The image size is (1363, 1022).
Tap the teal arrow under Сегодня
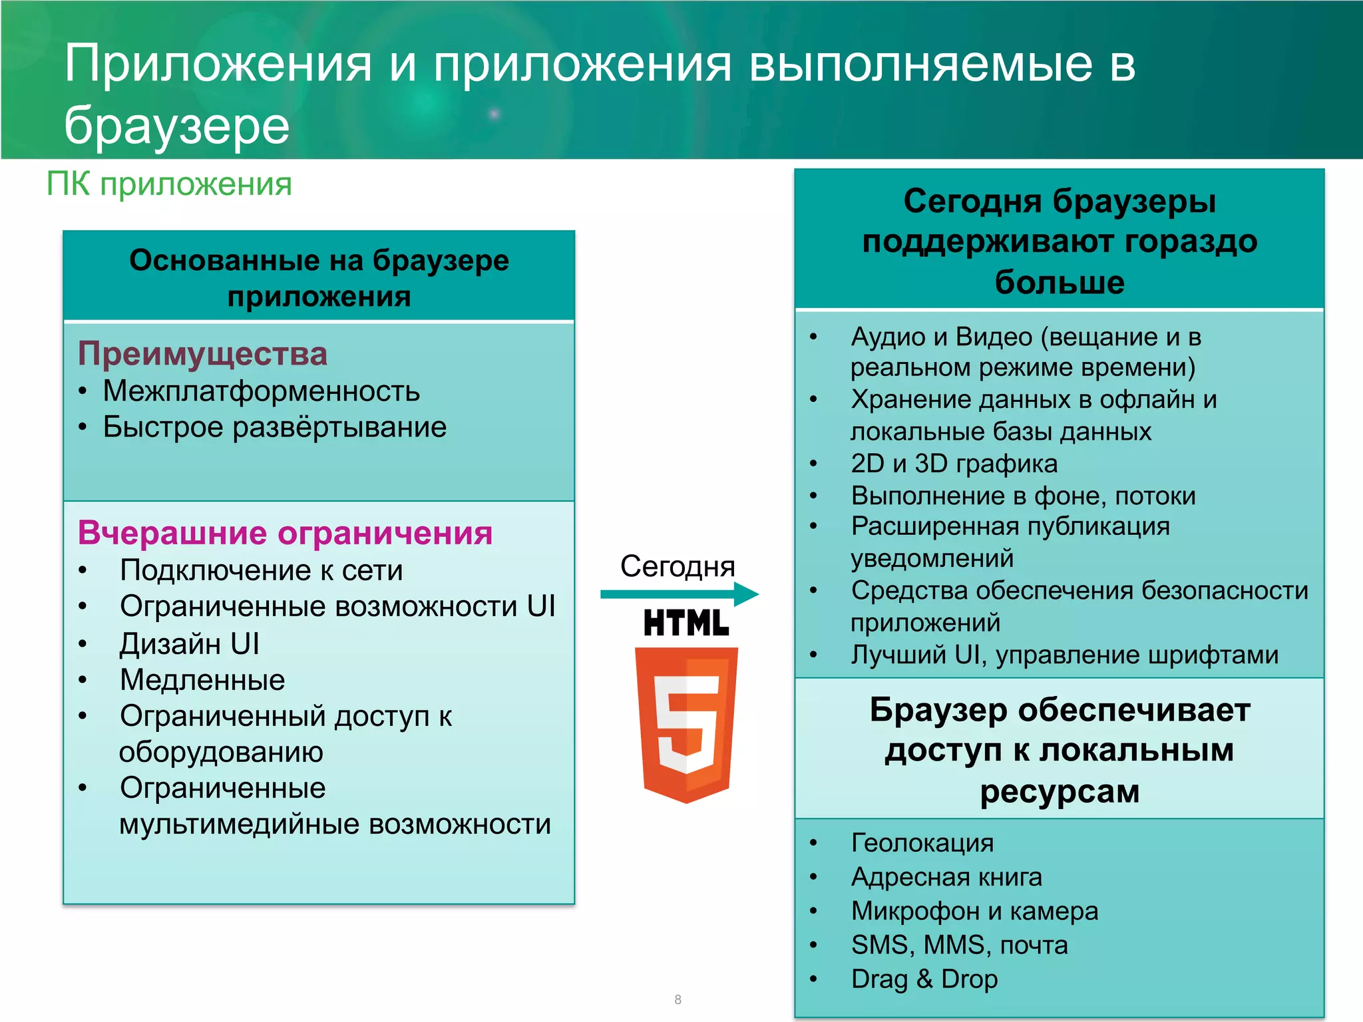pyautogui.click(x=679, y=594)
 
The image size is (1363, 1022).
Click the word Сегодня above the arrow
pyautogui.click(x=678, y=566)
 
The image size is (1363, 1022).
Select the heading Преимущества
pyautogui.click(x=202, y=353)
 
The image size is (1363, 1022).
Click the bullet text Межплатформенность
pyautogui.click(x=261, y=391)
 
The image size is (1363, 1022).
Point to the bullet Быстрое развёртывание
pyautogui.click(x=274, y=427)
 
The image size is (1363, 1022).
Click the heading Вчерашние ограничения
pyautogui.click(x=285, y=533)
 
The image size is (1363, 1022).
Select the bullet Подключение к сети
pyautogui.click(x=261, y=570)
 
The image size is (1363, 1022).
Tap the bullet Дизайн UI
pyautogui.click(x=189, y=643)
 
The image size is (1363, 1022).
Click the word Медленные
pyautogui.click(x=202, y=680)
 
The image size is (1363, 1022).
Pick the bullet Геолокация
pyautogui.click(x=922, y=843)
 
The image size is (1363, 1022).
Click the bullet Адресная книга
pyautogui.click(x=946, y=877)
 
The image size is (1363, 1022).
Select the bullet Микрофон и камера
pyautogui.click(x=974, y=911)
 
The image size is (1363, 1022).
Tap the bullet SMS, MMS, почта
pyautogui.click(x=959, y=945)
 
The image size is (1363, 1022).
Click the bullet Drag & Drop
pyautogui.click(x=924, y=979)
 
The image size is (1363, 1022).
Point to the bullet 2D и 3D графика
pyautogui.click(x=954, y=464)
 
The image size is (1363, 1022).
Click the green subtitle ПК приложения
pyautogui.click(x=169, y=184)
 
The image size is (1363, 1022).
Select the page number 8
pyautogui.click(x=678, y=999)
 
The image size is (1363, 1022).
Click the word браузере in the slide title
pyautogui.click(x=177, y=125)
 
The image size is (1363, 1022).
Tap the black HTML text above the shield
pyautogui.click(x=686, y=623)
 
